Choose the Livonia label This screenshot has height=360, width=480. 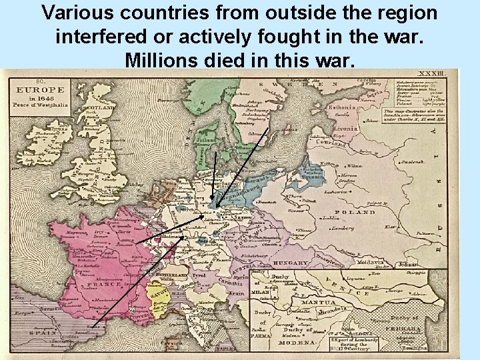[x=347, y=126]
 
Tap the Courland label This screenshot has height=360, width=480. [x=331, y=141]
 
